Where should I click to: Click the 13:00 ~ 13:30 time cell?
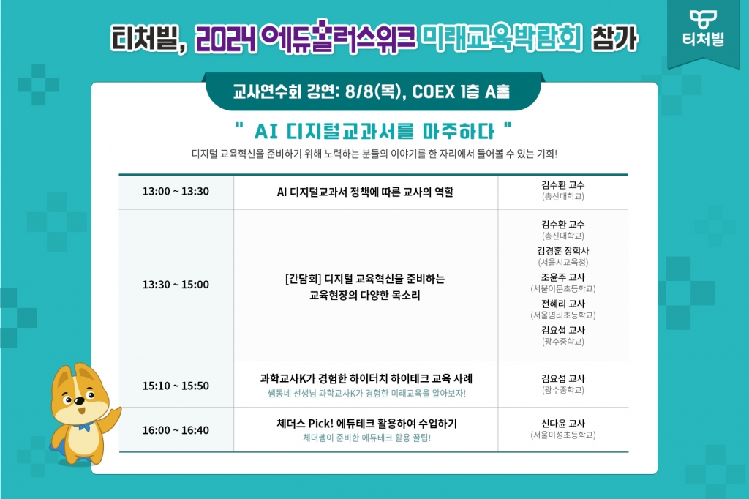pyautogui.click(x=176, y=191)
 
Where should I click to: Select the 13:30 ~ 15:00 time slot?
pyautogui.click(x=176, y=285)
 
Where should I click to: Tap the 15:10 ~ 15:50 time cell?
pyautogui.click(x=176, y=386)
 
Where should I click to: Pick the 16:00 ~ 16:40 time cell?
pyautogui.click(x=176, y=430)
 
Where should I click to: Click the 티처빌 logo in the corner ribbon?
pyautogui.click(x=703, y=29)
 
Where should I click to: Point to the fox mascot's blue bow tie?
pyautogui.click(x=84, y=426)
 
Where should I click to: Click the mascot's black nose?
pyautogui.click(x=79, y=401)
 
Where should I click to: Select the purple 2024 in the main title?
pyautogui.click(x=226, y=39)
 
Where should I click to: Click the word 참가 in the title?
pyautogui.click(x=614, y=38)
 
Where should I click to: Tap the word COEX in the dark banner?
pyautogui.click(x=433, y=91)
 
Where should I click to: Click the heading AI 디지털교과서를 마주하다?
pyautogui.click(x=374, y=131)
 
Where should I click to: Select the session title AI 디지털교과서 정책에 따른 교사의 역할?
pyautogui.click(x=366, y=192)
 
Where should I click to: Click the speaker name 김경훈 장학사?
pyautogui.click(x=563, y=251)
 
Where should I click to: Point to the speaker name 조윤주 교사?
pyautogui.click(x=563, y=277)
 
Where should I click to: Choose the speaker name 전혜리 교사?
pyautogui.click(x=563, y=304)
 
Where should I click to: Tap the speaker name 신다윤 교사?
pyautogui.click(x=563, y=424)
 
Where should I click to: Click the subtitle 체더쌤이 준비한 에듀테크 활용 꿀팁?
pyautogui.click(x=367, y=438)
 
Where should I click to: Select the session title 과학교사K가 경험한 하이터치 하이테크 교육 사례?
pyautogui.click(x=366, y=378)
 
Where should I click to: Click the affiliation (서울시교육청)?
pyautogui.click(x=563, y=263)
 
